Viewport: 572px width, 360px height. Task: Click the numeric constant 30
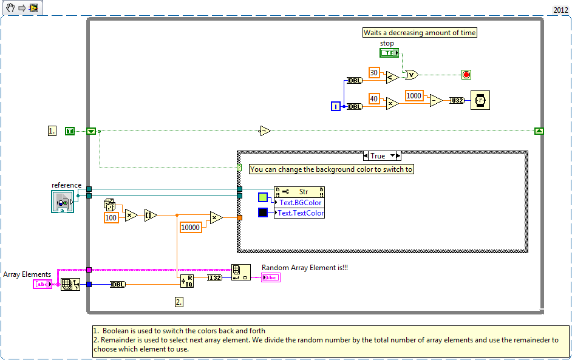(x=374, y=73)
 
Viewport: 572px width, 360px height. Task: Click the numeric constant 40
(x=374, y=98)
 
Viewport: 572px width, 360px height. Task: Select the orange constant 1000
(x=414, y=95)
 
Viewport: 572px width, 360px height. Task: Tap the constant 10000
(x=191, y=227)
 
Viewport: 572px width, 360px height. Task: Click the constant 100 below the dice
(x=111, y=217)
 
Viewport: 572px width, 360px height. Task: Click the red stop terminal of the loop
(x=466, y=75)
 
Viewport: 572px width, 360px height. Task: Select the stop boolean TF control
(x=389, y=53)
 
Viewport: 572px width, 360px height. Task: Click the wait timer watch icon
(x=480, y=101)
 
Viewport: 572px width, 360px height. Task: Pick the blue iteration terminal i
(x=336, y=106)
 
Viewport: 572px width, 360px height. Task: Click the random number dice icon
(x=110, y=205)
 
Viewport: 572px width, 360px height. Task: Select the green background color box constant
(x=263, y=197)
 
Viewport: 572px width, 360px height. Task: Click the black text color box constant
(x=263, y=212)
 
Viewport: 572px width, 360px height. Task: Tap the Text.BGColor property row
(x=300, y=203)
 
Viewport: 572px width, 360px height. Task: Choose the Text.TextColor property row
(x=300, y=213)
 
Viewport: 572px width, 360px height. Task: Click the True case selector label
(x=378, y=156)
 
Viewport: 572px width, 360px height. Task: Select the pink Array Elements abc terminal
(x=42, y=284)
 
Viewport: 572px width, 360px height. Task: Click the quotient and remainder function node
(x=186, y=280)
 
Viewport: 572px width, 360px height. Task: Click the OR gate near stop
(x=411, y=75)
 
